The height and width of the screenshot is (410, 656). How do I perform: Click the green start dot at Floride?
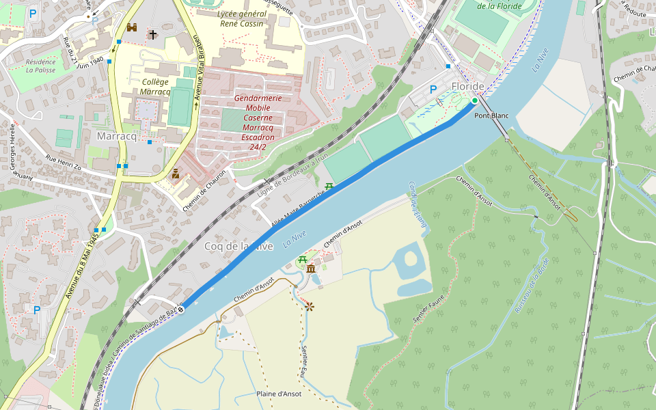[x=474, y=100]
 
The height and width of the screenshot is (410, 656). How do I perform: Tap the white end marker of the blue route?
[x=181, y=310]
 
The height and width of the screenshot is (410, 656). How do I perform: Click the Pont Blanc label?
[x=491, y=115]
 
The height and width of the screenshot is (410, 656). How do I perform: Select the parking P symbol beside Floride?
[x=433, y=90]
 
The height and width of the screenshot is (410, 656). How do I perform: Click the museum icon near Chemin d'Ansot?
[x=311, y=269]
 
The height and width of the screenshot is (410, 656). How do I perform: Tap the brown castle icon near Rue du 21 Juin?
[x=132, y=28]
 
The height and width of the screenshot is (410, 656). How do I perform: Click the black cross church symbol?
[x=152, y=34]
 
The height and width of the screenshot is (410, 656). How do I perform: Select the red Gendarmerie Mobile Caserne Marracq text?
[x=258, y=118]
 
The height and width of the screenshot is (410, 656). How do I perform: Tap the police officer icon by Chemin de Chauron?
[x=176, y=174]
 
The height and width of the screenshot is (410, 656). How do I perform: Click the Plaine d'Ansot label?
[x=279, y=394]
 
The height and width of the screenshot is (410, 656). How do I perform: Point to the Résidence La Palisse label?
[x=40, y=66]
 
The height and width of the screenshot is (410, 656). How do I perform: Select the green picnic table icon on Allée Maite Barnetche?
[x=329, y=187]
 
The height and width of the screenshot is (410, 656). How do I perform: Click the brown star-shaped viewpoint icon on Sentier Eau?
[x=309, y=307]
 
